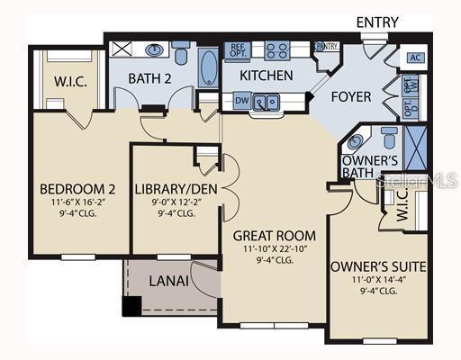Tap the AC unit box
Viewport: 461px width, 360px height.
tap(415, 58)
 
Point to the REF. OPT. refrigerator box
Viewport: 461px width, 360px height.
tap(237, 50)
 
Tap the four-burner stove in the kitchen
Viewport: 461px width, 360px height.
tap(276, 51)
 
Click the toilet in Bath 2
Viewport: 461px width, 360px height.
tap(181, 53)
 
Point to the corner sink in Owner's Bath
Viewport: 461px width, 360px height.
tap(356, 141)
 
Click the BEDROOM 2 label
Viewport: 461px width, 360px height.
tap(77, 189)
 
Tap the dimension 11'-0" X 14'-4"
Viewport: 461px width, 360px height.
tap(377, 280)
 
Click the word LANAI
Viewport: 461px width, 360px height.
tap(169, 281)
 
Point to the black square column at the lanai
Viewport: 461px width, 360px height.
tap(131, 307)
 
